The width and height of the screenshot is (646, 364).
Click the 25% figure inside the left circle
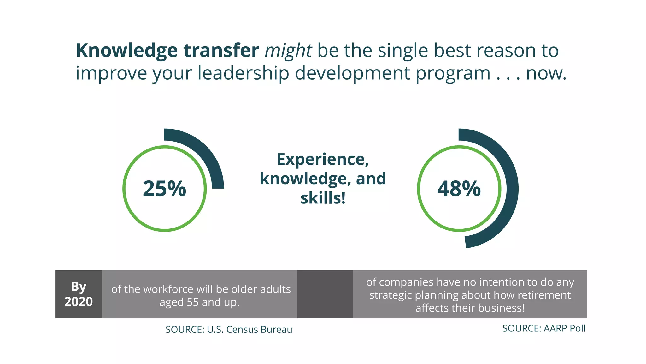pyautogui.click(x=164, y=189)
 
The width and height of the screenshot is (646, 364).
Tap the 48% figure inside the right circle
pyautogui.click(x=459, y=189)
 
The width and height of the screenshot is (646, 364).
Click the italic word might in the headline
pyautogui.click(x=288, y=51)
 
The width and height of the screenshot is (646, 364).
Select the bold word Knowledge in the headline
pyautogui.click(x=127, y=51)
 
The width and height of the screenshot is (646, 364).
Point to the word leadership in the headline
pyautogui.click(x=243, y=73)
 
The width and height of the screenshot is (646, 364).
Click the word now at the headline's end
pyautogui.click(x=546, y=73)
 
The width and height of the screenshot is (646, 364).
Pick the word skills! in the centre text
pyautogui.click(x=323, y=198)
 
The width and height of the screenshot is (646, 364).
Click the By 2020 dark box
pyautogui.click(x=79, y=294)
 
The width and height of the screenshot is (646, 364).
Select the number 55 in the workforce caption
pyautogui.click(x=193, y=302)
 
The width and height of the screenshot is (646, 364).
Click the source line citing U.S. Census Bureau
pyautogui.click(x=229, y=329)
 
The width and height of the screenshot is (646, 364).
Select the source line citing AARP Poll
pyautogui.click(x=544, y=328)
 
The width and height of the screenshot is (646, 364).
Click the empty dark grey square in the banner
pyautogui.click(x=325, y=294)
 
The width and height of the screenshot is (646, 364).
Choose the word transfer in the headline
pyautogui.click(x=221, y=51)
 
